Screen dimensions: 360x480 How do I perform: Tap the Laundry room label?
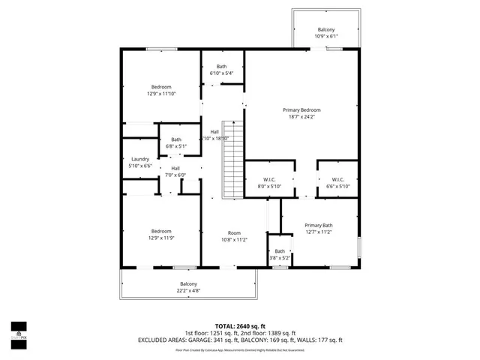point(140,159)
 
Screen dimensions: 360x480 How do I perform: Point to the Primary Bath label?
point(318,225)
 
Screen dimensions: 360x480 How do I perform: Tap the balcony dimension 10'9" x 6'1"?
point(325,36)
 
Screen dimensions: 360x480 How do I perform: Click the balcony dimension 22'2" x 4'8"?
point(188,290)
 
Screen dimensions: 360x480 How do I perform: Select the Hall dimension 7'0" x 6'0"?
point(175,175)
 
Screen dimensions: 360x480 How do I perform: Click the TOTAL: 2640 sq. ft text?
point(239,325)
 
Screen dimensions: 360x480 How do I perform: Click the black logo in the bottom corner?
point(19,330)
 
